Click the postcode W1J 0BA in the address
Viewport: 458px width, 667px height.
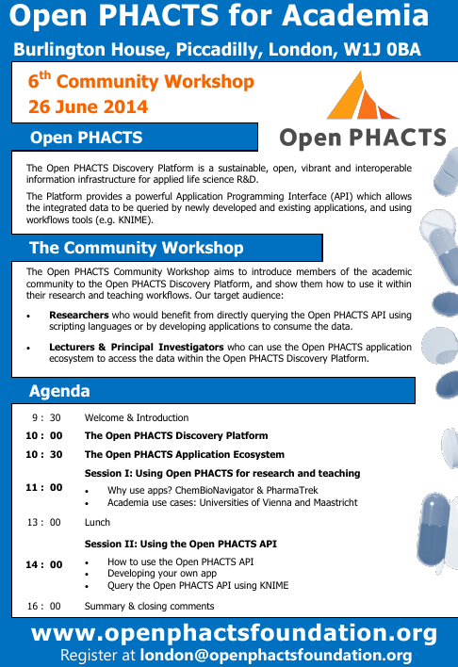[x=383, y=50]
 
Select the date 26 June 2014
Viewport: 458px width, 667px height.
[x=88, y=106]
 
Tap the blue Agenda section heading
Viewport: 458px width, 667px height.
[x=59, y=391]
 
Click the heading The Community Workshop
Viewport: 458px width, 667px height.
[x=137, y=248]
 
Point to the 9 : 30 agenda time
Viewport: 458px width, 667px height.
[x=46, y=417]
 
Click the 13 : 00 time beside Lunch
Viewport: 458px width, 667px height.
[x=44, y=522]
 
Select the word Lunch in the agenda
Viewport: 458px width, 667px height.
[x=97, y=522]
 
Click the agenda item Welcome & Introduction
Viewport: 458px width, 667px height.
[x=137, y=417]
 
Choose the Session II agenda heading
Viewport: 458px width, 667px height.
[x=181, y=545]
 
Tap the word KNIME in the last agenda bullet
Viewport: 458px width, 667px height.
[x=273, y=586]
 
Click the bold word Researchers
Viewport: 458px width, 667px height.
[x=79, y=316]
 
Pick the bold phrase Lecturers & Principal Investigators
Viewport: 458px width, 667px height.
[x=137, y=347]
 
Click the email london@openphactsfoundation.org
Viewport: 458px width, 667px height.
[x=276, y=656]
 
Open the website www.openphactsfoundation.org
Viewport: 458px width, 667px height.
[x=234, y=634]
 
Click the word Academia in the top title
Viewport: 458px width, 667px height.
[x=355, y=15]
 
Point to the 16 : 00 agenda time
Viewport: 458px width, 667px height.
[x=44, y=606]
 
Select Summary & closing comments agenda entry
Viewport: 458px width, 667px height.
[x=150, y=606]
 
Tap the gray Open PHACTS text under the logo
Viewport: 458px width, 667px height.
[x=363, y=138]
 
